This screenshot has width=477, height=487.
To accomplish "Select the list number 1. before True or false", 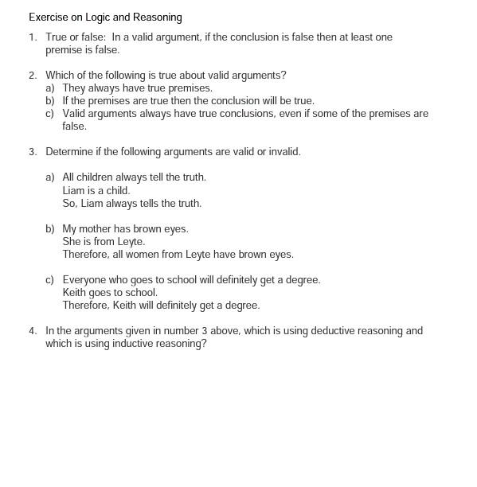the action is (x=33, y=37).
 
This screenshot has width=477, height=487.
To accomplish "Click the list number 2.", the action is (x=33, y=76).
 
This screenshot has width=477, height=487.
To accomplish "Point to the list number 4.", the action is (x=33, y=331).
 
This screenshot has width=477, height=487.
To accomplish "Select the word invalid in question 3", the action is (x=283, y=152).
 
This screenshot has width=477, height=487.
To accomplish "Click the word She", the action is (x=72, y=242).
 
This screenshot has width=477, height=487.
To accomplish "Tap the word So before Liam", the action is (x=69, y=204).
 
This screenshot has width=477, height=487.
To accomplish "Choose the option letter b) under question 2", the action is (x=50, y=101).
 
